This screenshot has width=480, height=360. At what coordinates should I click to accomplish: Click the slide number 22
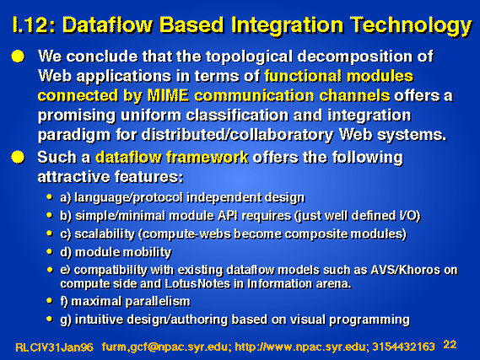[450, 345]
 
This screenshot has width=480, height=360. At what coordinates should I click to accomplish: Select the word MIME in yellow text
[168, 96]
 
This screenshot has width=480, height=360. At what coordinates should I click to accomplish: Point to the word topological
[249, 57]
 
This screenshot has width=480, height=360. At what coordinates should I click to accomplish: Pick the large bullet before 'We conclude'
[18, 56]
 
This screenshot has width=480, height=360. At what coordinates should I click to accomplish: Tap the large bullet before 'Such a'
[18, 157]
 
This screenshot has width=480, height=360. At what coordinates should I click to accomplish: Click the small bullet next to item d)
[49, 251]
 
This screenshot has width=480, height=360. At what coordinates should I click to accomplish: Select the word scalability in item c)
[105, 234]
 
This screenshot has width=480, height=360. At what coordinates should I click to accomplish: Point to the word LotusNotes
[197, 284]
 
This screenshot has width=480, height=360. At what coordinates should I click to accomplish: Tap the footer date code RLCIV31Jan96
[54, 347]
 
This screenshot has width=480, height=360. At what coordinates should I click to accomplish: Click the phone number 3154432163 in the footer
[403, 347]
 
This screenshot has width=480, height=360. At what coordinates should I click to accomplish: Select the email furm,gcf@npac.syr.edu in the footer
[166, 347]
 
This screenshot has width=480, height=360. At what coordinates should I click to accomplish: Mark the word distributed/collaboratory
[238, 135]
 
